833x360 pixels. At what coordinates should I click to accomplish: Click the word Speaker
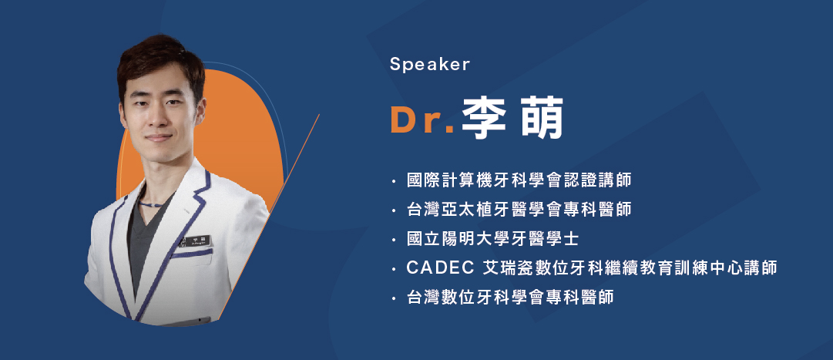point(430,64)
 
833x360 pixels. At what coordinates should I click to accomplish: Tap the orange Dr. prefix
point(422,120)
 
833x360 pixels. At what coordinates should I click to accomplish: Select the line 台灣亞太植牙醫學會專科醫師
point(519,210)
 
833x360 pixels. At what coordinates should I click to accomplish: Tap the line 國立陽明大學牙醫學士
point(492,239)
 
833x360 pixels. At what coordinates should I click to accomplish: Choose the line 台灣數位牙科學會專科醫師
point(510,298)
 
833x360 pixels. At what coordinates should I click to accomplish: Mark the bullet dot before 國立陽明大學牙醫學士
point(393,241)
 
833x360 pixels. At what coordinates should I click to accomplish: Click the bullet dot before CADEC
point(393,270)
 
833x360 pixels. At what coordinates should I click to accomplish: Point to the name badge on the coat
point(197,241)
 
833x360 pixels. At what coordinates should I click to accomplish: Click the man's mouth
point(158,138)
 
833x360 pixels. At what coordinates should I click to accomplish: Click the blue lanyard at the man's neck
point(154,204)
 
